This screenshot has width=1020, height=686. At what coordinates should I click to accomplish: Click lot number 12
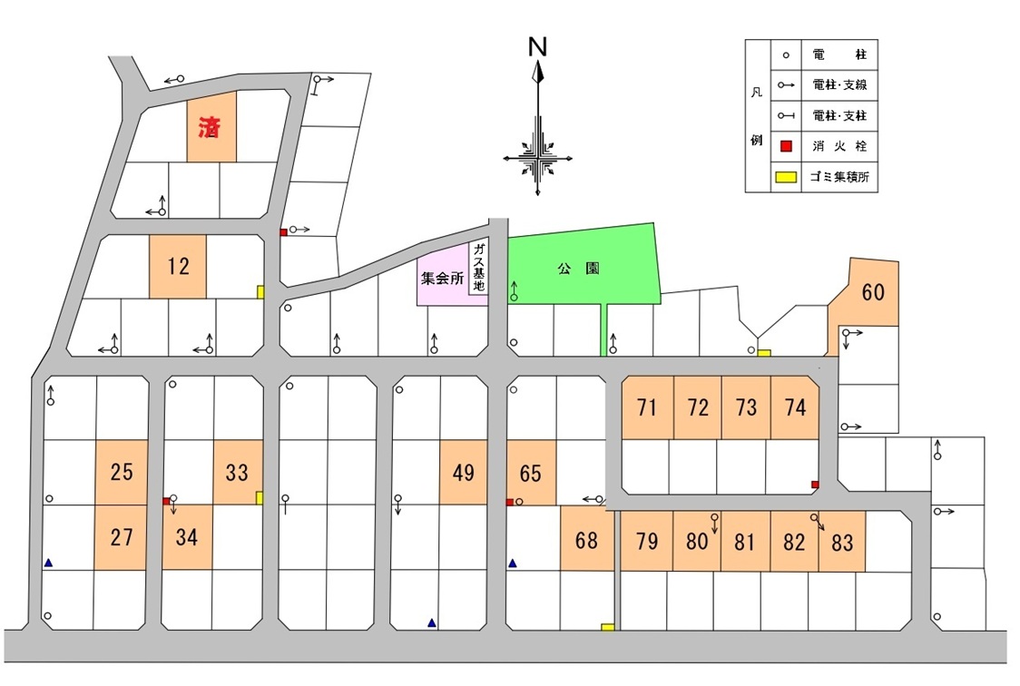pyautogui.click(x=179, y=267)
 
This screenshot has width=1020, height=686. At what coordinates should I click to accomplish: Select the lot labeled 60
pyautogui.click(x=873, y=292)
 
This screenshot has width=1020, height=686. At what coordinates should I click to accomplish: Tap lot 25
pyautogui.click(x=122, y=472)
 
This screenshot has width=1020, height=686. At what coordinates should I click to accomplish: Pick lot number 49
pyautogui.click(x=463, y=472)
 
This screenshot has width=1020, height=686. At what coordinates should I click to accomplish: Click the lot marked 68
pyautogui.click(x=587, y=540)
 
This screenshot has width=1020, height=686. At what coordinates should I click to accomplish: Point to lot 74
pyautogui.click(x=795, y=407)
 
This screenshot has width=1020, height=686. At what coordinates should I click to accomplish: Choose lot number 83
pyautogui.click(x=842, y=543)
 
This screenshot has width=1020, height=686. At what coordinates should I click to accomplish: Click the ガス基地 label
pyautogui.click(x=479, y=268)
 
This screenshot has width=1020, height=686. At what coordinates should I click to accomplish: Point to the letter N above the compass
pyautogui.click(x=538, y=48)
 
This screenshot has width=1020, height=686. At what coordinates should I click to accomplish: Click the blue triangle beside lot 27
pyautogui.click(x=48, y=563)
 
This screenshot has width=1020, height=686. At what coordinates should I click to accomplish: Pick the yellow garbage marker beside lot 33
pyautogui.click(x=260, y=497)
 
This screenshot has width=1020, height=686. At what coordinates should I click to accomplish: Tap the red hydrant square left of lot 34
pyautogui.click(x=165, y=501)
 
